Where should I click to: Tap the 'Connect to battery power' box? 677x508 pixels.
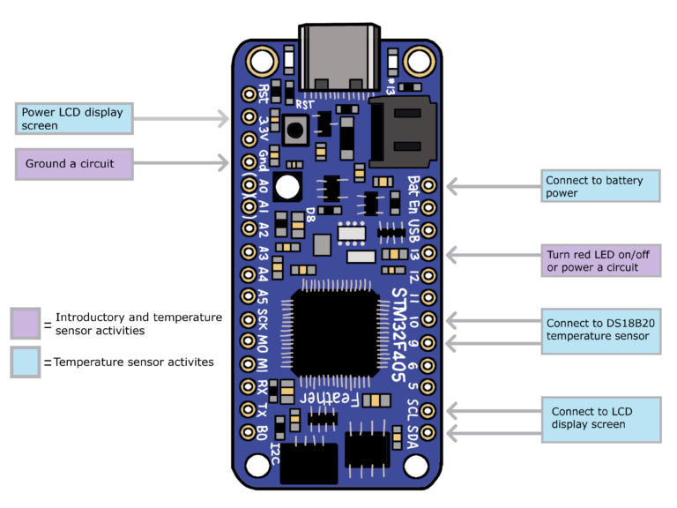click(599, 186)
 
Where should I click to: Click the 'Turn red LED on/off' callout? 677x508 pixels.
click(599, 261)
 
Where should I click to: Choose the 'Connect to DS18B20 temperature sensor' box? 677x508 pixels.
click(599, 330)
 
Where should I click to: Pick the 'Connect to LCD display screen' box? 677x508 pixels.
click(599, 418)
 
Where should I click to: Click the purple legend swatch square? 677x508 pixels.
click(26, 324)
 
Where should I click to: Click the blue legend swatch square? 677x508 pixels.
click(26, 362)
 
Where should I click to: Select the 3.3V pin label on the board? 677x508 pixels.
click(264, 128)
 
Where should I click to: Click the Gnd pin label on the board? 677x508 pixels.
click(264, 162)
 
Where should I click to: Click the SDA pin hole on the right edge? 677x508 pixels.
click(429, 433)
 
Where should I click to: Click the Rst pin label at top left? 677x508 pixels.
click(264, 93)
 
